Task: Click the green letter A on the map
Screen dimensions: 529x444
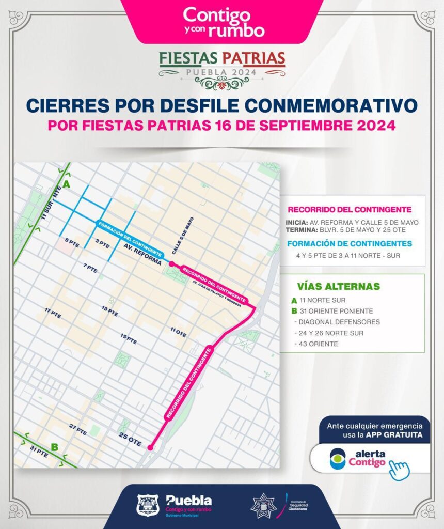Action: (x=66, y=185)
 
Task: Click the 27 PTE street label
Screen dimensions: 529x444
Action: (x=77, y=428)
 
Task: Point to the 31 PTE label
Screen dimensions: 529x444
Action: (x=39, y=455)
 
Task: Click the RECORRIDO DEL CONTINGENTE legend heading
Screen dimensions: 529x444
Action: (x=349, y=210)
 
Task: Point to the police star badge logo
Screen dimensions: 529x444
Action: (x=263, y=506)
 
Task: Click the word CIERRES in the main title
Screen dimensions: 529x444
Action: (x=67, y=105)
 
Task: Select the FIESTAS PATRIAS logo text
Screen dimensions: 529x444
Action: (x=222, y=58)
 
